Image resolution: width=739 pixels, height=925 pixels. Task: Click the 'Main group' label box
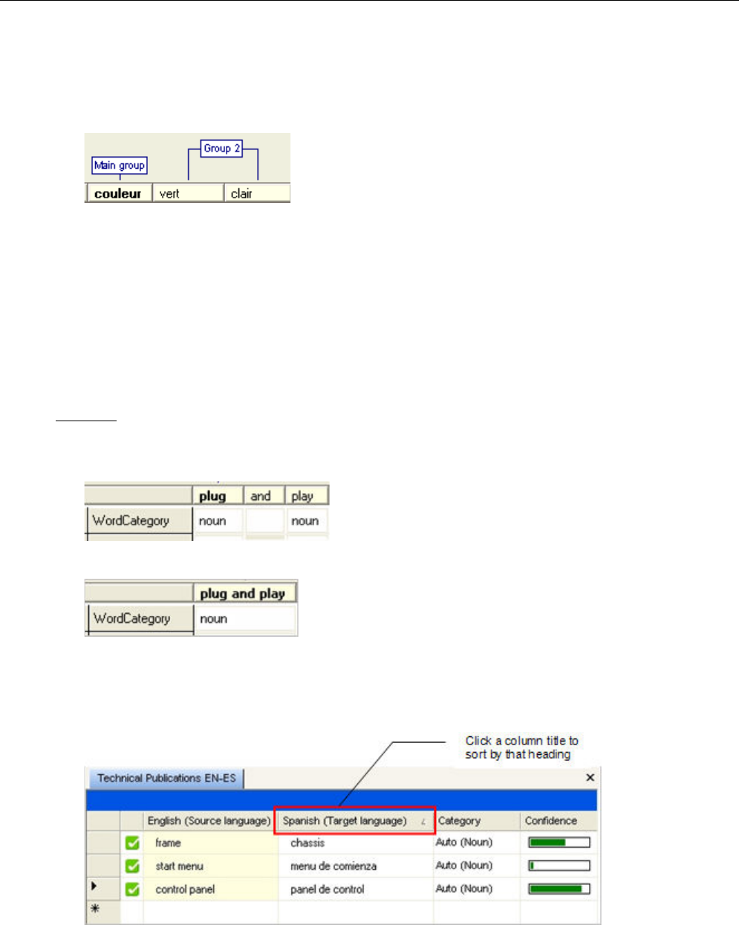(120, 165)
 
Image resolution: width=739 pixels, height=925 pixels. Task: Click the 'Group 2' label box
(222, 149)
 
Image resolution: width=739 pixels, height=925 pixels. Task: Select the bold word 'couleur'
(118, 194)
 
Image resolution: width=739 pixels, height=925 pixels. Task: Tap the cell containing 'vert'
(187, 194)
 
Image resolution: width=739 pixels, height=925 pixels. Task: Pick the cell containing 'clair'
(256, 194)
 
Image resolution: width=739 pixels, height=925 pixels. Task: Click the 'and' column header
(261, 496)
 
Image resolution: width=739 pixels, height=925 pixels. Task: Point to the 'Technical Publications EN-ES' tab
(166, 778)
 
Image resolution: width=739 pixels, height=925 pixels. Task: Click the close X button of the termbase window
(590, 777)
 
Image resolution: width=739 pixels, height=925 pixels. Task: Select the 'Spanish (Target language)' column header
(354, 821)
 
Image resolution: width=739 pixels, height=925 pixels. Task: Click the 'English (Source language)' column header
(209, 821)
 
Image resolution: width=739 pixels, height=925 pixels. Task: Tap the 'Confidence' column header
(551, 821)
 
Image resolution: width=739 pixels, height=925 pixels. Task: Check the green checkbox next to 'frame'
(132, 843)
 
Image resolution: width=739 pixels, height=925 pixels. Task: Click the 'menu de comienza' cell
(333, 866)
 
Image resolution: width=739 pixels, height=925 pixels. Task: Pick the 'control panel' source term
(185, 889)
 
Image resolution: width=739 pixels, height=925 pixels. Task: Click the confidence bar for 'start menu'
(559, 866)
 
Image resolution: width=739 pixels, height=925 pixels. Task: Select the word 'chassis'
(307, 843)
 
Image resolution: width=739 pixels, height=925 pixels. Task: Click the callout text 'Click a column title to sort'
(521, 747)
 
